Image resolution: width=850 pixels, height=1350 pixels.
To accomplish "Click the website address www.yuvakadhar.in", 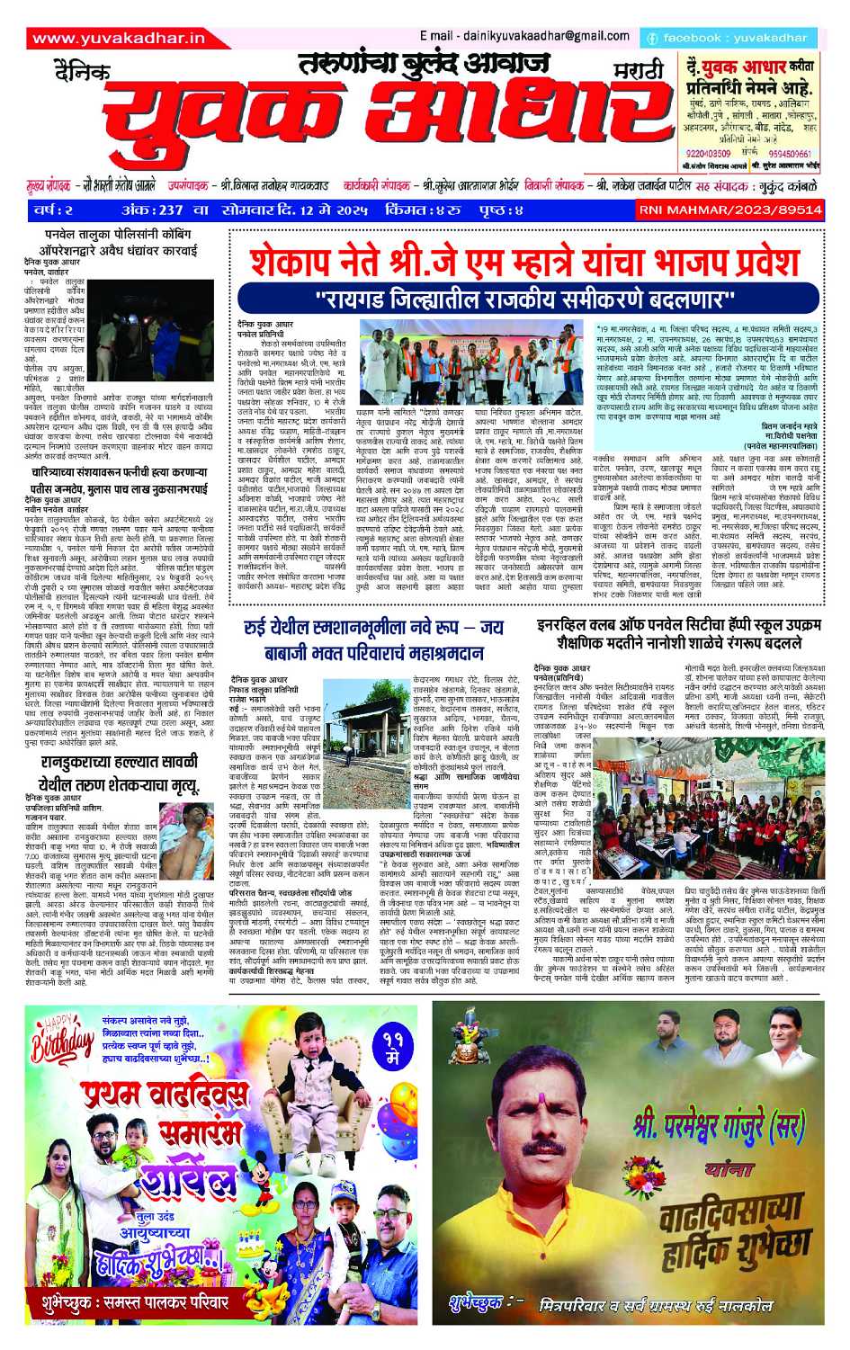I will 118,38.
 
